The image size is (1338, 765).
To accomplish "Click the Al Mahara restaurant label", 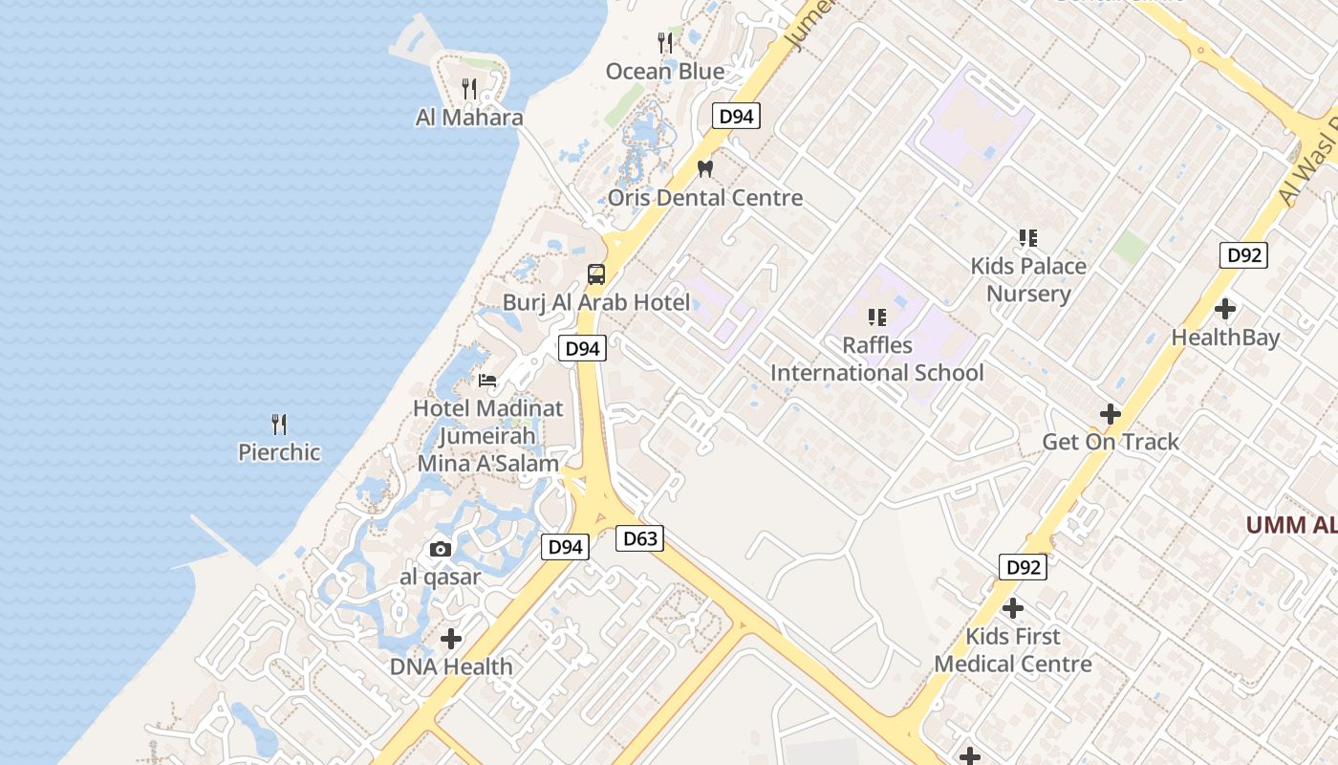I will point(469,118).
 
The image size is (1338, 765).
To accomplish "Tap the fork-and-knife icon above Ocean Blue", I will point(665,42).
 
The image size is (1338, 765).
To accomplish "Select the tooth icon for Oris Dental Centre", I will point(705,168).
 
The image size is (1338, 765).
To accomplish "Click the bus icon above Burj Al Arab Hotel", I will point(596,274).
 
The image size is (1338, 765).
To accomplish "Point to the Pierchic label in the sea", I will point(279,452).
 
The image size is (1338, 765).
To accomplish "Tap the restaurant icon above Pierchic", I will point(279,424).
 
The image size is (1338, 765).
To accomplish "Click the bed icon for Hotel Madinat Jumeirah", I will point(487,380).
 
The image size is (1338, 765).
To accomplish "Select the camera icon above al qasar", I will point(441,549).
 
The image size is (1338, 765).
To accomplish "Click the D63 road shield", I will point(639,538).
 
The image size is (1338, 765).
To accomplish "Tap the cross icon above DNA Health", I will point(451,638).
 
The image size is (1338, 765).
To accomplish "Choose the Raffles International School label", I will point(877,359).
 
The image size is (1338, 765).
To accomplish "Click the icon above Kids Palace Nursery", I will point(1028,237).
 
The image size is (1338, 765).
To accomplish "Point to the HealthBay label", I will point(1225,338).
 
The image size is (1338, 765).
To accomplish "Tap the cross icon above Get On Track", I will point(1111,414).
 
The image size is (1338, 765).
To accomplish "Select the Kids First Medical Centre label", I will point(1013,650).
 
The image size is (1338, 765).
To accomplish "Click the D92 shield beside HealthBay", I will point(1243,255).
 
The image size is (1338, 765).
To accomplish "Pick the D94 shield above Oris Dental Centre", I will point(736,117).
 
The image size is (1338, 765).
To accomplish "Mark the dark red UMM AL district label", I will point(1290,525).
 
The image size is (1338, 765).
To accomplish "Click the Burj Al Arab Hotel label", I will point(596,303).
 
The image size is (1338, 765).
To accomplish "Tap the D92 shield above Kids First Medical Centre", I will point(1023,567).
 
